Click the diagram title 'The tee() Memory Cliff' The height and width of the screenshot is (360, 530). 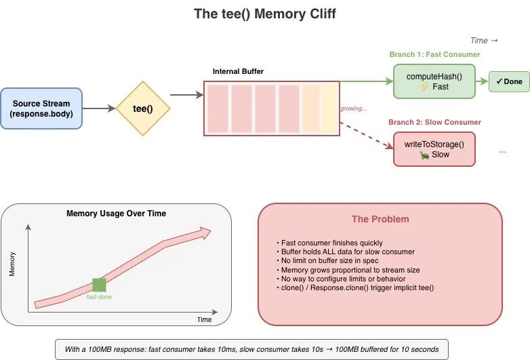[264, 14]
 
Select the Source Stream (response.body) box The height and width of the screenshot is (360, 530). [41, 108]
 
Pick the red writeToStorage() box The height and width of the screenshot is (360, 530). [434, 149]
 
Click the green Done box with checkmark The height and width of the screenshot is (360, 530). [509, 81]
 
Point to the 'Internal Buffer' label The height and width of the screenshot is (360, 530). [238, 71]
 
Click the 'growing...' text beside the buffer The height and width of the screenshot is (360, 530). [353, 108]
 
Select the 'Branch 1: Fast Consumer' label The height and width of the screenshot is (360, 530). [434, 54]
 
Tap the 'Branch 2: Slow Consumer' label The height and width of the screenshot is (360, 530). [434, 122]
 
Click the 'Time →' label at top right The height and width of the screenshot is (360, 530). [484, 41]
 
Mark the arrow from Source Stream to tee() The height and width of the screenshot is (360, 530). [98, 108]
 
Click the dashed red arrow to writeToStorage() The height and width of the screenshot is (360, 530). [366, 134]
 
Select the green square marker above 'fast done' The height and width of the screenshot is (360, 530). [99, 285]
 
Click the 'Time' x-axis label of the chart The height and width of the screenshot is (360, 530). [204, 319]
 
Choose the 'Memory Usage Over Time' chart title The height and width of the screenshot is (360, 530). [116, 214]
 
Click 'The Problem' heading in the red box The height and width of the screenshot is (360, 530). [380, 219]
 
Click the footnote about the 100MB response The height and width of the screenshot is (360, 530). [251, 349]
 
